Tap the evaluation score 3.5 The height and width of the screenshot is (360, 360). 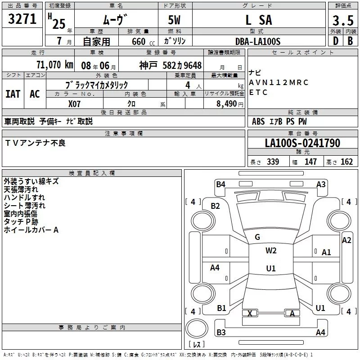[x=342, y=21]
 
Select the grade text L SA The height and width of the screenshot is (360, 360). [x=258, y=20]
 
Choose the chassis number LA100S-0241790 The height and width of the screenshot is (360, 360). [x=302, y=143]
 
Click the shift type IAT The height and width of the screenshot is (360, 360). [x=13, y=94]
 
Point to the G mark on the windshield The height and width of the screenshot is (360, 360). [x=257, y=237]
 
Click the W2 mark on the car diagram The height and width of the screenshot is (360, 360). [x=270, y=251]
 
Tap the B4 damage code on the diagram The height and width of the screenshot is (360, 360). [x=220, y=184]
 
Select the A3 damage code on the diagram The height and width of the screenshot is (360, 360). [x=321, y=184]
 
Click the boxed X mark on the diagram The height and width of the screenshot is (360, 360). [x=250, y=313]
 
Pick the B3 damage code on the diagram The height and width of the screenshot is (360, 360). [x=221, y=332]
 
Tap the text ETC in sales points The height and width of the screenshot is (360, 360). [x=258, y=92]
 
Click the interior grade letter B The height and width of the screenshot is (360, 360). [x=351, y=41]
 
